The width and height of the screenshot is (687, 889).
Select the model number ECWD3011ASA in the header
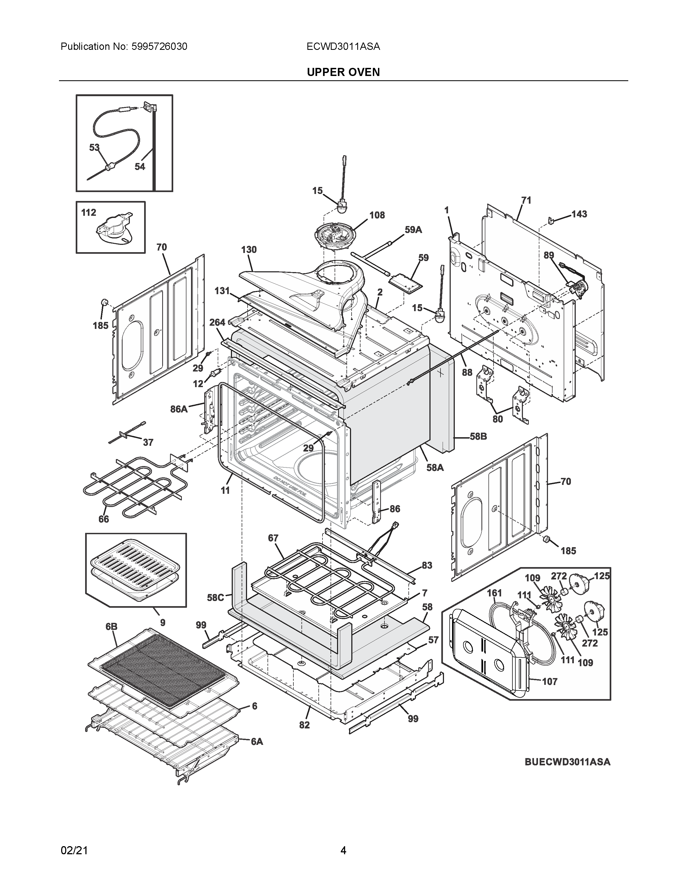[x=343, y=46]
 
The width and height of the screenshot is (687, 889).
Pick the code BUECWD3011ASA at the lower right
[x=567, y=762]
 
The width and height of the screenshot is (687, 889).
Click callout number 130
[x=249, y=249]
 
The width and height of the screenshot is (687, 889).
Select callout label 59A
[x=413, y=230]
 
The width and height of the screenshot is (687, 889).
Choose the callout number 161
[x=494, y=593]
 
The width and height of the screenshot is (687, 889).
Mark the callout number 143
[x=579, y=214]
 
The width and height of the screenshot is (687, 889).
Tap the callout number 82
[x=304, y=725]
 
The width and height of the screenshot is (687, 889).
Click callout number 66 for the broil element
[x=104, y=519]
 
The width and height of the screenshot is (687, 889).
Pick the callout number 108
[x=377, y=215]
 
